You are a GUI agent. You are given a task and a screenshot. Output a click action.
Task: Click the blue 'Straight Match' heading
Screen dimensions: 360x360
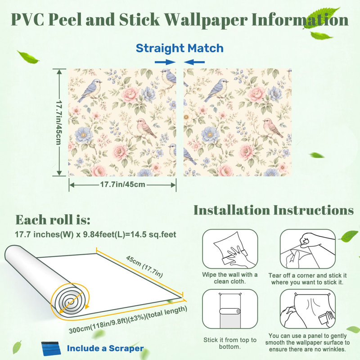click(x=180, y=48)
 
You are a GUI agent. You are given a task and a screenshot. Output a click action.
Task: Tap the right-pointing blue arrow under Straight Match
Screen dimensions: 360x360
click(x=165, y=62)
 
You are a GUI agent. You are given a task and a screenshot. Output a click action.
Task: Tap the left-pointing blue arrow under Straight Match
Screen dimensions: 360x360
click(x=194, y=62)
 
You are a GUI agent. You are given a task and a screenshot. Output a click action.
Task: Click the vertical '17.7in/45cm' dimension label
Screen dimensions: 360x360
click(x=59, y=122)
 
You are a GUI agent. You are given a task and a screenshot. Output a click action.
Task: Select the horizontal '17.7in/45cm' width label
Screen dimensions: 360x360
click(x=122, y=184)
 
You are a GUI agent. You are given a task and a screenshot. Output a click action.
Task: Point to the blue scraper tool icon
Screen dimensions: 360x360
click(x=51, y=349)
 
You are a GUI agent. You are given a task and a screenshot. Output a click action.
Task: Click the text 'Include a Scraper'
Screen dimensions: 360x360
click(x=105, y=348)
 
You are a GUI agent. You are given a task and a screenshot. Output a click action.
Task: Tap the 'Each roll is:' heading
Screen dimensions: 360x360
click(x=53, y=220)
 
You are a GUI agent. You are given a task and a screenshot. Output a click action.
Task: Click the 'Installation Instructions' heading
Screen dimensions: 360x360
click(x=274, y=210)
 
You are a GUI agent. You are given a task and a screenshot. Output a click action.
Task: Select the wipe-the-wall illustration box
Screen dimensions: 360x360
click(x=230, y=249)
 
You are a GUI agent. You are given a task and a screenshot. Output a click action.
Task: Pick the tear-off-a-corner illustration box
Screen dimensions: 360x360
click(x=308, y=249)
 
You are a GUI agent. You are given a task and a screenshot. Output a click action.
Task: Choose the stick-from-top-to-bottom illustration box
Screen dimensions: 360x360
click(x=230, y=309)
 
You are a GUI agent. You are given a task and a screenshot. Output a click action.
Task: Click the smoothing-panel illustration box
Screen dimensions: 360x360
click(x=308, y=309)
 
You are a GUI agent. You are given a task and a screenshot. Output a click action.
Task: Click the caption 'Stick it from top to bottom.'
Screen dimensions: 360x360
click(x=230, y=343)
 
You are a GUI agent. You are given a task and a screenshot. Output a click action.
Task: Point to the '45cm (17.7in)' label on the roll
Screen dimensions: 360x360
click(x=144, y=266)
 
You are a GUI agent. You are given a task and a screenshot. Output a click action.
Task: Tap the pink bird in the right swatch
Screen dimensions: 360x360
click(x=273, y=127)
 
